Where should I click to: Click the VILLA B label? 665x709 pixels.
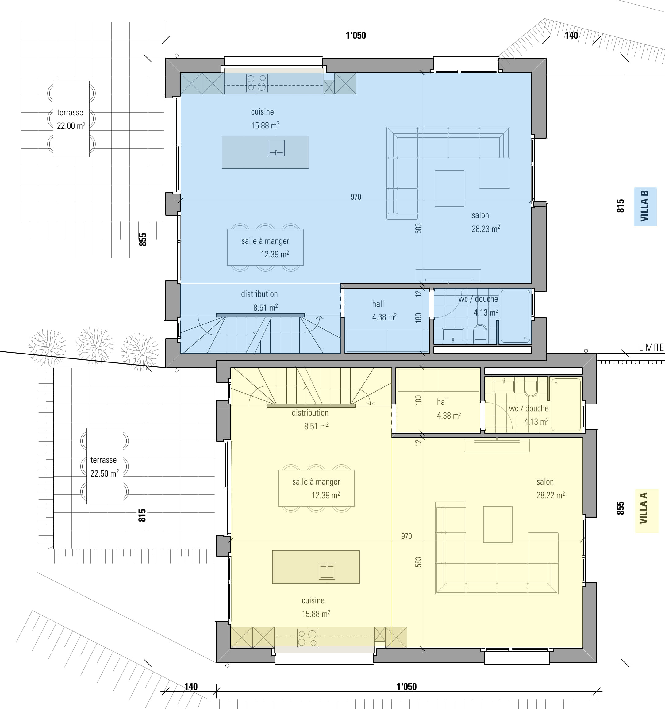pos(644,206)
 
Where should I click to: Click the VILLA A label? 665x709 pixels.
pos(644,508)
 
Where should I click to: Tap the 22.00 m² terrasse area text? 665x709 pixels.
pos(71,125)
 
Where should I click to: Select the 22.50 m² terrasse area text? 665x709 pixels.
pos(104,473)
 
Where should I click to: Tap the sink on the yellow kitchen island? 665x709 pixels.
pos(327,571)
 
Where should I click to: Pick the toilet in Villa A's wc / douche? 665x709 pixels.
pos(531,389)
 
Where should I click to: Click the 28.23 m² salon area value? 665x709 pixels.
pos(486,228)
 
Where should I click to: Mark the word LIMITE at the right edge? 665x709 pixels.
pos(651,347)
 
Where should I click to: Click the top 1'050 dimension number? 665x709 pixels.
pos(356,35)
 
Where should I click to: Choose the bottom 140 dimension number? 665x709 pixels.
pos(191,687)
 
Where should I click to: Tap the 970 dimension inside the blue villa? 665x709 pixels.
pos(356,197)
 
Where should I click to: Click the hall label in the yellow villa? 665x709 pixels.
pos(443,402)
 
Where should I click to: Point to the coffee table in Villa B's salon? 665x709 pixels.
pos(449,188)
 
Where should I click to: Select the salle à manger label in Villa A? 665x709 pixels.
pos(316,482)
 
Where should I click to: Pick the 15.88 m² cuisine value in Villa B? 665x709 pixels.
pos(265,125)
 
